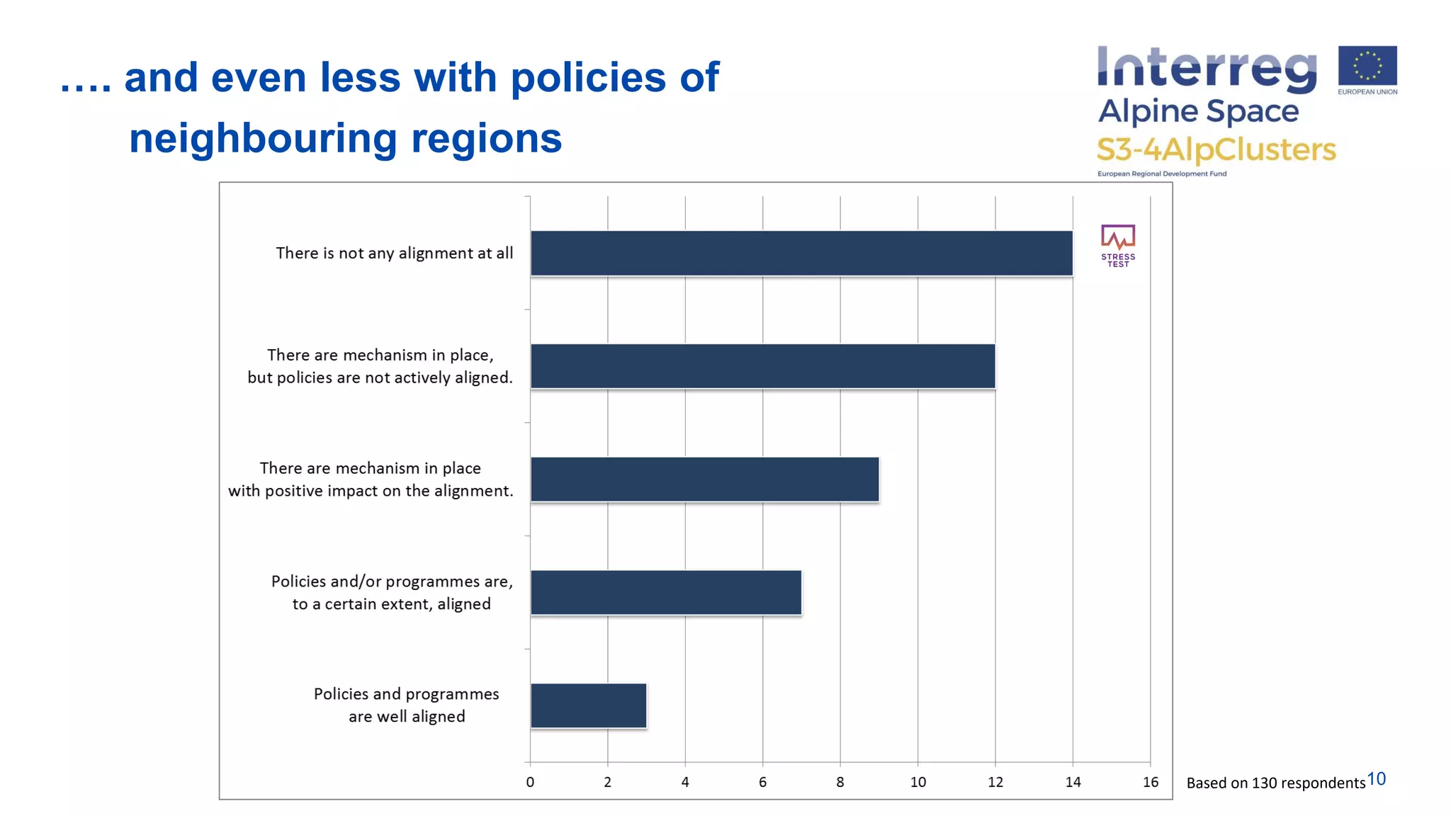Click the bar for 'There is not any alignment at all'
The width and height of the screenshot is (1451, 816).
click(801, 253)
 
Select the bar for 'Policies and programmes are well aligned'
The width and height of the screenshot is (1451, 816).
click(588, 705)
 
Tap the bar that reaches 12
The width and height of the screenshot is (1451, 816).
click(762, 366)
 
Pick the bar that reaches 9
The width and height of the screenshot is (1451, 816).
click(704, 480)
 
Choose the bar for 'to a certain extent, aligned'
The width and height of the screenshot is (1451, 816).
click(665, 592)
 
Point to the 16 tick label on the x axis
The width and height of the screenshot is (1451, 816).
click(1150, 782)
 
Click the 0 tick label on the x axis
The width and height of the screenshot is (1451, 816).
click(530, 782)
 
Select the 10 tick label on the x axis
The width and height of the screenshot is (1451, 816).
click(918, 782)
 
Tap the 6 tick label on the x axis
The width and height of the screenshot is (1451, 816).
click(762, 782)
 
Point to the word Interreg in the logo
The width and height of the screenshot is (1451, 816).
click(1207, 69)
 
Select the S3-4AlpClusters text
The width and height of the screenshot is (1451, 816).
click(1216, 149)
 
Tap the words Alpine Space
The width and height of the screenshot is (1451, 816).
click(1198, 111)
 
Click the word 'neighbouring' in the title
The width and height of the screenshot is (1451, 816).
click(263, 139)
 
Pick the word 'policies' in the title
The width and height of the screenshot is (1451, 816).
click(588, 77)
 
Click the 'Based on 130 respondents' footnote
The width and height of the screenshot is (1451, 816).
click(1275, 783)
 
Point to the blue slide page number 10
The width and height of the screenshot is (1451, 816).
click(1376, 779)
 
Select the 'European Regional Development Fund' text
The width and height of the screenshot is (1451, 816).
click(1162, 174)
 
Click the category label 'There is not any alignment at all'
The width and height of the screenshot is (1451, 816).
click(394, 253)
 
